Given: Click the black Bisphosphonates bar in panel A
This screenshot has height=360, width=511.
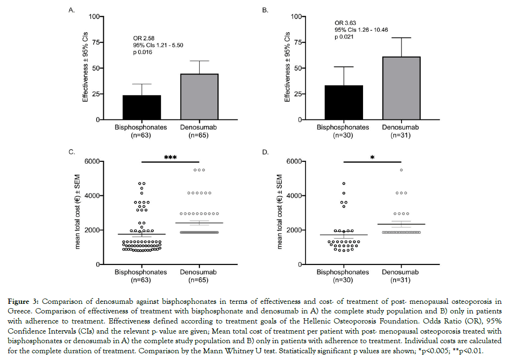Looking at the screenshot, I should pyautogui.click(x=142, y=108).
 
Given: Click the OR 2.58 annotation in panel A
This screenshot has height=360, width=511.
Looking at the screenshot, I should pyautogui.click(x=144, y=38).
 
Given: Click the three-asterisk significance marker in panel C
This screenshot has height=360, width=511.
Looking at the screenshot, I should pyautogui.click(x=170, y=156).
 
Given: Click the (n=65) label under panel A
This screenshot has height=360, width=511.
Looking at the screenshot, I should pyautogui.click(x=198, y=136).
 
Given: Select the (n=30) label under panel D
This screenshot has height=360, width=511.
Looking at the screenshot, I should pyautogui.click(x=343, y=281).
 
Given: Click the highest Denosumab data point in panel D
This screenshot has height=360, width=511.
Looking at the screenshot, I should pyautogui.click(x=401, y=170).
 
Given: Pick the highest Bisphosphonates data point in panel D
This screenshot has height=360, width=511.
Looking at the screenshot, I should pyautogui.click(x=344, y=184).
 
